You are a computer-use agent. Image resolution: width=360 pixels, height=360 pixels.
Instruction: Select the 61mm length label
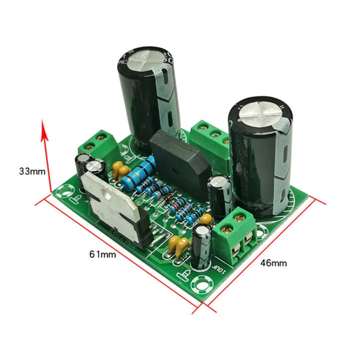point(102,254)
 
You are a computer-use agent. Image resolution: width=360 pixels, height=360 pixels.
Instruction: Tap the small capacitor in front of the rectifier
point(219,188)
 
